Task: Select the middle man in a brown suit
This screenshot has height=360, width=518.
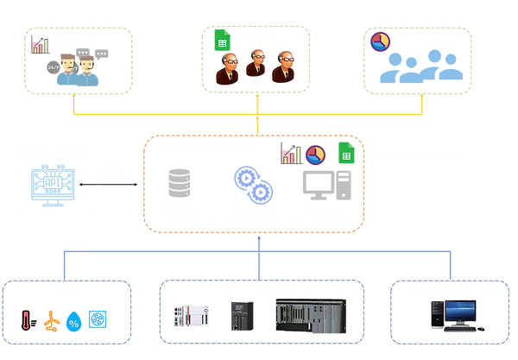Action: coord(255,63)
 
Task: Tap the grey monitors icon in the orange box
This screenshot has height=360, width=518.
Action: coord(326,184)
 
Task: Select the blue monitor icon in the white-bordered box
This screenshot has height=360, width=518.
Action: coord(54,184)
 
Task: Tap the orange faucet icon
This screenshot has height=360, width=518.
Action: coord(54,321)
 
